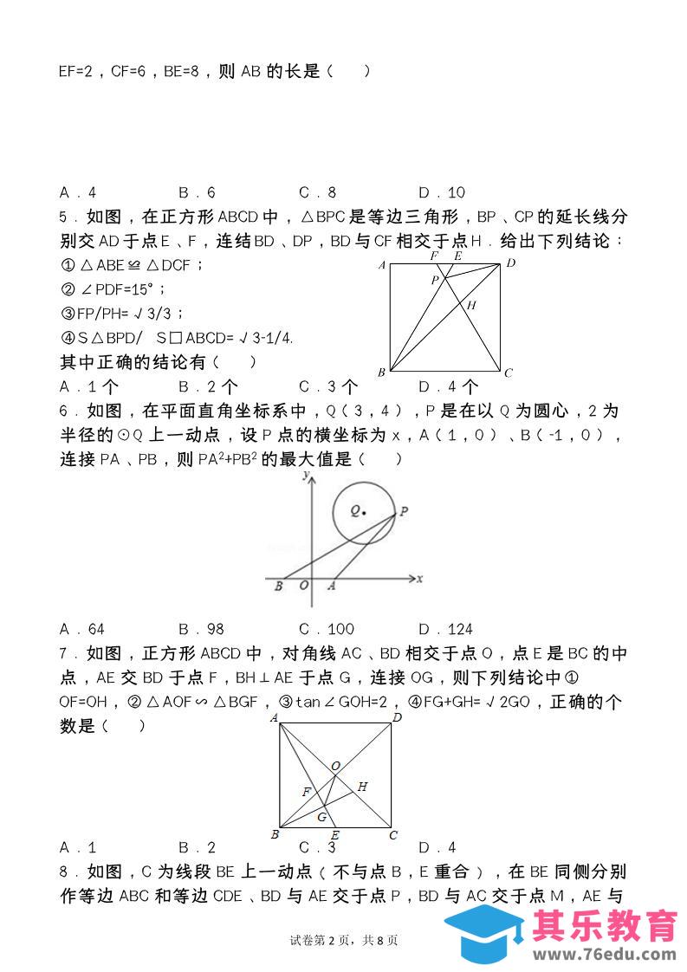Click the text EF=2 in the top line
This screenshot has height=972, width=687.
point(77,72)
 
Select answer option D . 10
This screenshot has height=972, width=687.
point(442,192)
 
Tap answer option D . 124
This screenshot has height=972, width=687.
point(445,629)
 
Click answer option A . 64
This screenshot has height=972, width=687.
point(82,629)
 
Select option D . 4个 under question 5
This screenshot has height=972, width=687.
point(448,386)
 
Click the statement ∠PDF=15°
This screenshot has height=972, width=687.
point(113,289)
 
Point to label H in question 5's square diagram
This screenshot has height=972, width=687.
point(472,305)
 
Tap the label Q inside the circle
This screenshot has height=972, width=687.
point(355,511)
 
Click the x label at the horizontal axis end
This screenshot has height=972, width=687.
point(419,579)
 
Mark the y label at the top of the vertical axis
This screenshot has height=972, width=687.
point(305,476)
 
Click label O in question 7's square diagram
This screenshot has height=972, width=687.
point(335,765)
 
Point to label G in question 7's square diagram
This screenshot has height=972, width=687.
point(321,817)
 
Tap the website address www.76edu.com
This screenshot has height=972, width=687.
point(604,955)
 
